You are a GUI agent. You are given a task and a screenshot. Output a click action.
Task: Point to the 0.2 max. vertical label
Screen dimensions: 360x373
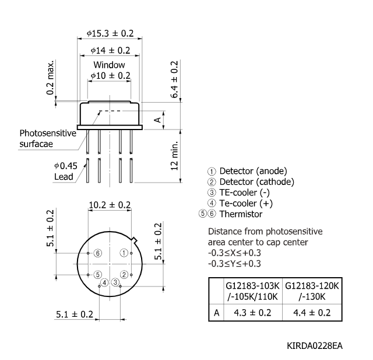52,77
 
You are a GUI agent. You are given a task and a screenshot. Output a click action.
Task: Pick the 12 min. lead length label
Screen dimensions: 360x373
175,156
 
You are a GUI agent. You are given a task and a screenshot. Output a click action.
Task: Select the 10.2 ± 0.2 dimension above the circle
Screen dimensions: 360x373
110,205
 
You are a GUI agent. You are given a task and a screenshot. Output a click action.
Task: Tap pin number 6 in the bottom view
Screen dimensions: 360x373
98,253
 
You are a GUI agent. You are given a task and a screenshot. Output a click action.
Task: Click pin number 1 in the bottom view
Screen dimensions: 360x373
124,253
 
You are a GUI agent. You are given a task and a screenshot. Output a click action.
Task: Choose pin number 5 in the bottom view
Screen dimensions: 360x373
98,274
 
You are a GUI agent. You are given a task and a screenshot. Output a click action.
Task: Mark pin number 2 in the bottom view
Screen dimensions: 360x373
124,274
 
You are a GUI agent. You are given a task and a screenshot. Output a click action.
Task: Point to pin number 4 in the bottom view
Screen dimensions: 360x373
104,283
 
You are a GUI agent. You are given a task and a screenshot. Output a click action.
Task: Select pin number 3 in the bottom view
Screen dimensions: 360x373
115,283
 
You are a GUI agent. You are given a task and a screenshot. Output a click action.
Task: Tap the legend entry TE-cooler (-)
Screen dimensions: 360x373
245,193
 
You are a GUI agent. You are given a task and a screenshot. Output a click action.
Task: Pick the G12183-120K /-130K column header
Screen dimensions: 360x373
310,292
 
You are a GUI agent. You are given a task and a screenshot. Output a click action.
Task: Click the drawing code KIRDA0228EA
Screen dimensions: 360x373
315,346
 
